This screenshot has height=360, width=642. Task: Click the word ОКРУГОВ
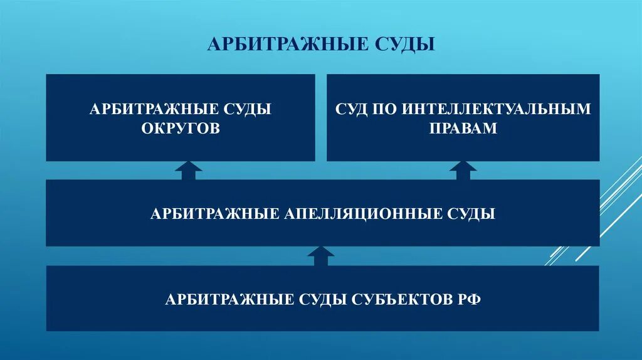click(181, 129)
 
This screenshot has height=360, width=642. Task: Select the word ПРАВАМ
click(463, 129)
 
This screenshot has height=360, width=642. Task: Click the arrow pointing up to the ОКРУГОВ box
click(189, 171)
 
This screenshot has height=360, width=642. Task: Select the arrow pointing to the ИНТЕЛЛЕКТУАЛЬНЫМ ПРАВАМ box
click(463, 171)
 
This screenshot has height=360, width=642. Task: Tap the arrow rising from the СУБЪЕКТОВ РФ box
click(321, 256)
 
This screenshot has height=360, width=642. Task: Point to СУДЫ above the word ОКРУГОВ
click(248, 109)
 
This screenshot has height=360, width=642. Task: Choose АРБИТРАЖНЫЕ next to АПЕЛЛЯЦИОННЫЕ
click(214, 214)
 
